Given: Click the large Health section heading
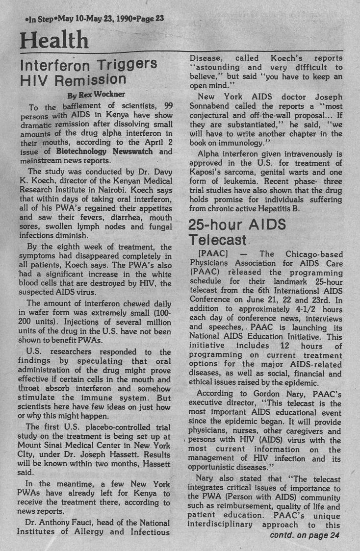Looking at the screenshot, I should coord(54,40).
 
